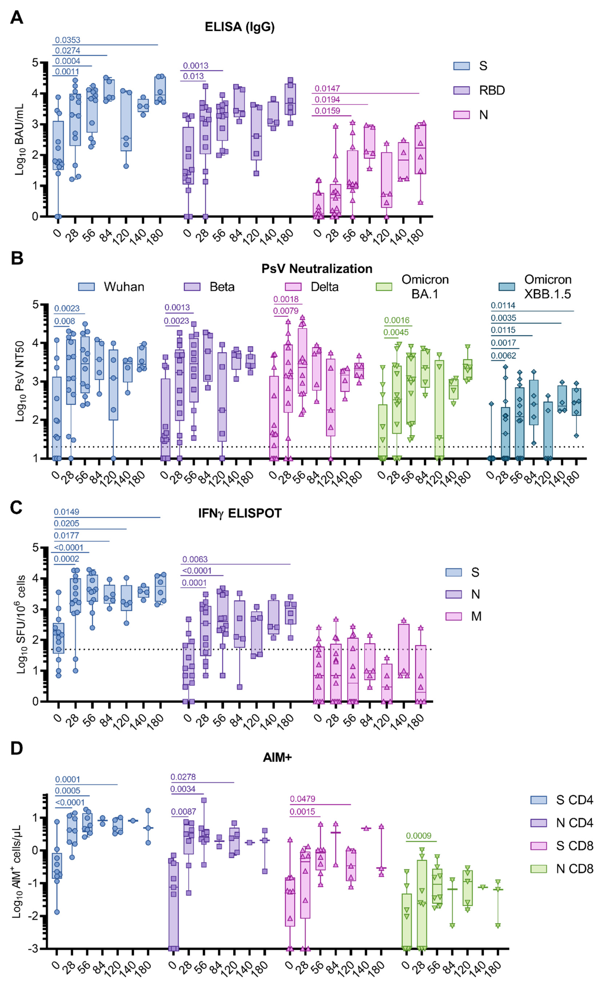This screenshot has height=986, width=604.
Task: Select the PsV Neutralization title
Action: point(317,269)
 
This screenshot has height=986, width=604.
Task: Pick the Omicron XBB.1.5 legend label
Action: point(548,287)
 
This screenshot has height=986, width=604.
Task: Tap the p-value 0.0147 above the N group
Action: point(327,88)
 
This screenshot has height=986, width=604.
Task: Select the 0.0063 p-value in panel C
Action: point(195,559)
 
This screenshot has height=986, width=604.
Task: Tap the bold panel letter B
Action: point(17,259)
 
